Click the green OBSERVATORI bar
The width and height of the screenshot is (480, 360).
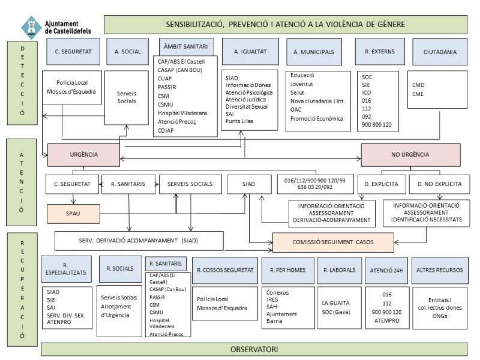256,349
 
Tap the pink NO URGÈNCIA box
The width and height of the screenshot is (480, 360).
410,154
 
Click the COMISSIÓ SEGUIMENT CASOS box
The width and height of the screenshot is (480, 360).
334,242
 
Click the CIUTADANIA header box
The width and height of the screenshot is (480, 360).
440,52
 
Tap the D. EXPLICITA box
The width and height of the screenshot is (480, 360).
382,184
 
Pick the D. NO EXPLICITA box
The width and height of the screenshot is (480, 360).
440,184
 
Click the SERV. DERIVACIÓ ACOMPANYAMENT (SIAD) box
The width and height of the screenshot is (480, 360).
139,241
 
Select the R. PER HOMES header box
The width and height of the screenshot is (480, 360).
288,270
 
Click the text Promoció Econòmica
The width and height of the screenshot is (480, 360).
316,118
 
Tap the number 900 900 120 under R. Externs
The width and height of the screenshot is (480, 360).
377,124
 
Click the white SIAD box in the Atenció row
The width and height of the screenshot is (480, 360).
248,184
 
